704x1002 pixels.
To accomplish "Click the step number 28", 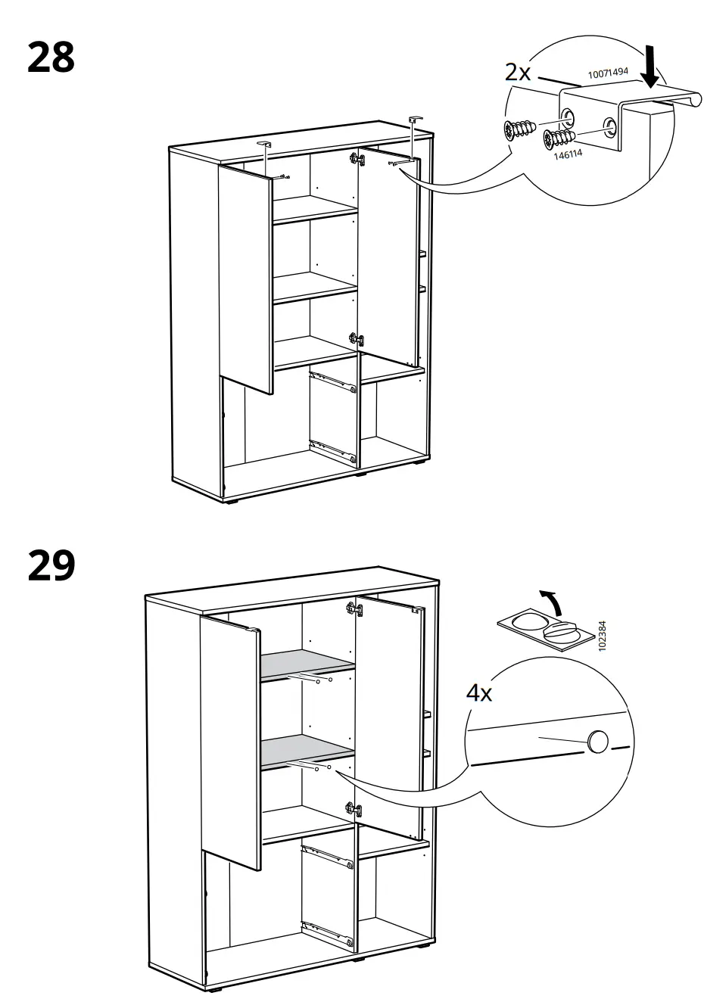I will click(x=51, y=58).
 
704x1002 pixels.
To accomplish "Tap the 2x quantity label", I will click(x=519, y=73).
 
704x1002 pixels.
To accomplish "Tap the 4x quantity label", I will click(x=478, y=692).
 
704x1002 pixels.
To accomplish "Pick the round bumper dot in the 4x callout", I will click(x=597, y=742).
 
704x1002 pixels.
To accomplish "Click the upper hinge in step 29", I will click(x=353, y=608).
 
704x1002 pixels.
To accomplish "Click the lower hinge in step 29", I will click(x=352, y=808).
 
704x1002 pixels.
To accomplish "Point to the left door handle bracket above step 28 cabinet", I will click(x=264, y=143).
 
